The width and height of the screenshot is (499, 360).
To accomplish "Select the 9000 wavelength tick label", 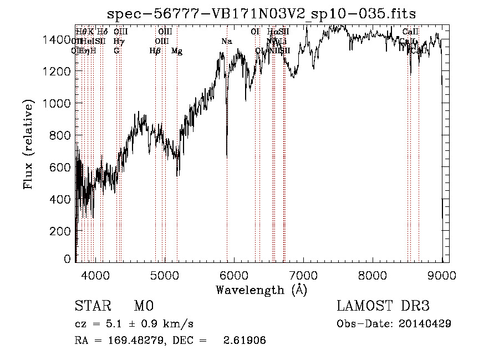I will (x=442, y=273).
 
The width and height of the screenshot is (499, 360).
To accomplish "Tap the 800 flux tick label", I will (x=62, y=135).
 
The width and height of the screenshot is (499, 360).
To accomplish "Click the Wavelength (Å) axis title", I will (x=261, y=290).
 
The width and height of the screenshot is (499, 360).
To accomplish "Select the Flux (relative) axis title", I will (x=28, y=145).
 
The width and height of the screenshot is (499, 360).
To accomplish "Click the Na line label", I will (x=226, y=42).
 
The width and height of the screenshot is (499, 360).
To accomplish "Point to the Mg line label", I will (x=177, y=51).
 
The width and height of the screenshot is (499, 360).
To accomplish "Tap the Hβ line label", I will (x=155, y=51).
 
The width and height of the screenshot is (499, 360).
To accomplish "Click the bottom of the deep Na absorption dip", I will (x=227, y=157).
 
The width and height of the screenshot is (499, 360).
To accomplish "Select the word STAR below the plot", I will (x=92, y=306).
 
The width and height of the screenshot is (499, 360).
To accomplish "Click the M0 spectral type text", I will (x=143, y=306).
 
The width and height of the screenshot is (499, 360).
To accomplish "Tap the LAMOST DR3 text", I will (x=383, y=306).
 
